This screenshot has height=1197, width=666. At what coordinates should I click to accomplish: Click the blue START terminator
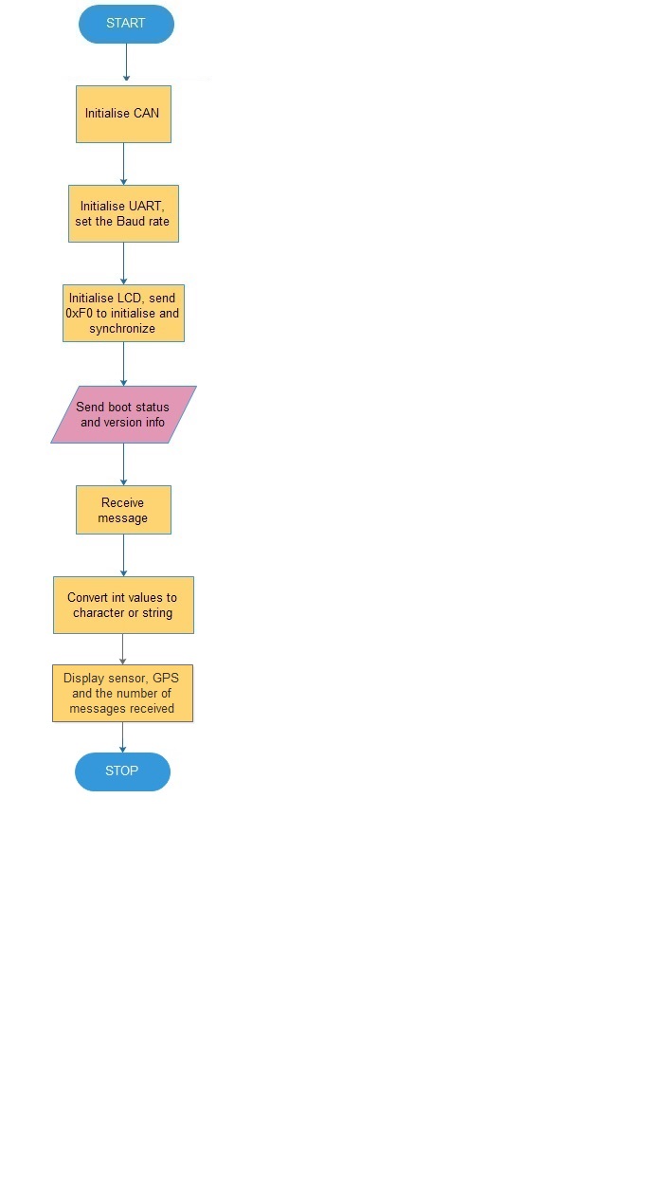click(x=126, y=24)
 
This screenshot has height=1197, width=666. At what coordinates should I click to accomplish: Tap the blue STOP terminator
click(x=122, y=771)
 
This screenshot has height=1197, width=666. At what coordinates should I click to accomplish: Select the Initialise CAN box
click(x=123, y=114)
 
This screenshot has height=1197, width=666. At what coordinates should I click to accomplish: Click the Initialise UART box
click(x=123, y=214)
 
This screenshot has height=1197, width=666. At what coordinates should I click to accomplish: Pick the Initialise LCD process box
click(x=123, y=313)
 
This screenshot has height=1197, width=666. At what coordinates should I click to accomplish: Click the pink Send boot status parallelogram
click(x=123, y=414)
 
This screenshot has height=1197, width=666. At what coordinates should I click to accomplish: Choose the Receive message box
click(x=123, y=510)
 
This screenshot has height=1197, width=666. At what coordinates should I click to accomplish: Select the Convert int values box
click(x=123, y=605)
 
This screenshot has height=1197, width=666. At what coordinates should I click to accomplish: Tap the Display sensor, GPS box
click(x=122, y=693)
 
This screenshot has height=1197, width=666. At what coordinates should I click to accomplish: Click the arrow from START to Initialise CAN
click(x=127, y=62)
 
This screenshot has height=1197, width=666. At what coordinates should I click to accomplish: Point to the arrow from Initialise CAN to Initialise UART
click(x=123, y=164)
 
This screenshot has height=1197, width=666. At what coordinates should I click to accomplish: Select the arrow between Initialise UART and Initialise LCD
click(x=123, y=263)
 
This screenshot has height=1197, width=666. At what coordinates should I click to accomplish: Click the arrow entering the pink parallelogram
click(x=123, y=364)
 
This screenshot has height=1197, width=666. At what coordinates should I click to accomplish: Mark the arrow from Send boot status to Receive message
click(x=123, y=464)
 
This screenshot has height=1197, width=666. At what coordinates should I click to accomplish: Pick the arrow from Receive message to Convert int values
click(x=123, y=555)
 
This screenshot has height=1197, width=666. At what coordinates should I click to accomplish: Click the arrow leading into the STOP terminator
click(x=122, y=737)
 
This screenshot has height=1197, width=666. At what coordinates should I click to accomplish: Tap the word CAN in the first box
click(x=146, y=114)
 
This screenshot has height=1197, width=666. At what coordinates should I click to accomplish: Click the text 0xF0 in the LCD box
click(x=79, y=313)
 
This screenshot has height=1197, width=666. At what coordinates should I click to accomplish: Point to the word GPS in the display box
click(x=166, y=679)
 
